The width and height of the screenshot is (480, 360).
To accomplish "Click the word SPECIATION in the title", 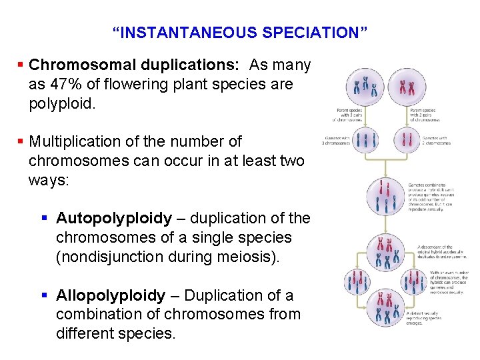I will click(310, 32).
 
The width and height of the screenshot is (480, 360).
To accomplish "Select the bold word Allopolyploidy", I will click(111, 295).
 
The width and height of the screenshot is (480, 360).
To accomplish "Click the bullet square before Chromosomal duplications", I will click(21, 65).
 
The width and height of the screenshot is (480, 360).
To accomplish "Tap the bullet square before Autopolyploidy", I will click(48, 218).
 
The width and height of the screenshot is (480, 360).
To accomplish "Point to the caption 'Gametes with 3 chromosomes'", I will click(330, 141).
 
